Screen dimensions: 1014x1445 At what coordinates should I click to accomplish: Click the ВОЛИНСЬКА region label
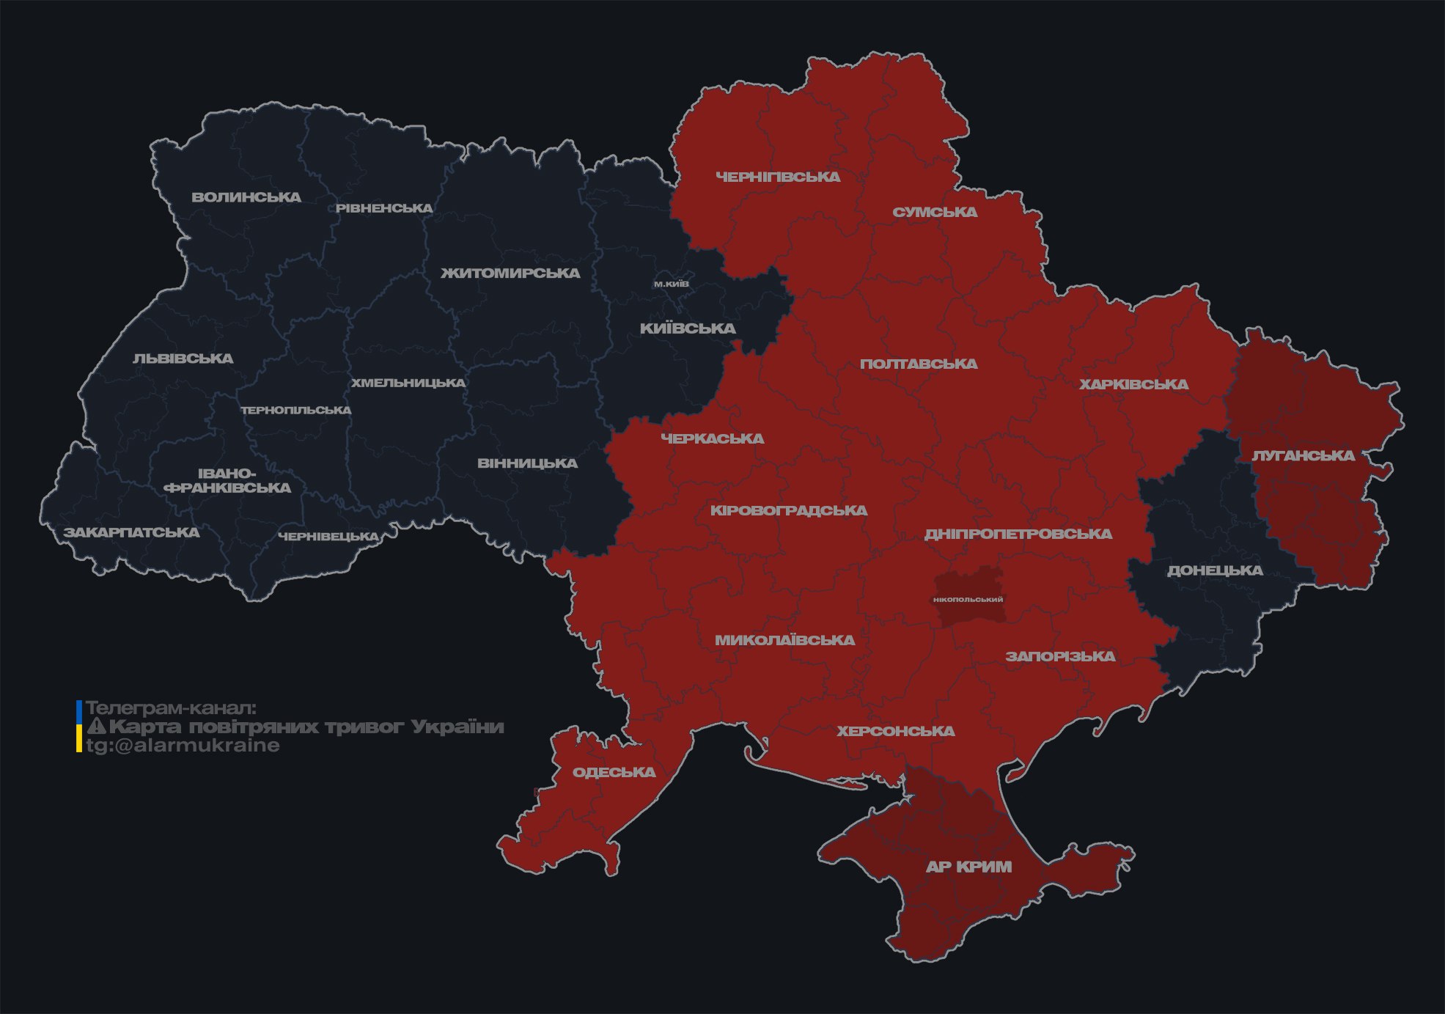pos(246,197)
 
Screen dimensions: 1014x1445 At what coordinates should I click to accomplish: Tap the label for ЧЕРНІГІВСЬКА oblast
pos(778,177)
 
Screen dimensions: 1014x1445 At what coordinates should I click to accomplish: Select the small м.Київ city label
pos(672,284)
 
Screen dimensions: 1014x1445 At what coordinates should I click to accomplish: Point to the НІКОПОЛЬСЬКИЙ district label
pos(968,599)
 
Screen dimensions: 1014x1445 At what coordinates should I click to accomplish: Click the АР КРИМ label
pos(968,867)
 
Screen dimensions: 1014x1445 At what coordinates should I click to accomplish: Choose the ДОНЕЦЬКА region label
pos(1215,570)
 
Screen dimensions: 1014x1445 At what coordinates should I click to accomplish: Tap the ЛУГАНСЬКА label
pos(1303,455)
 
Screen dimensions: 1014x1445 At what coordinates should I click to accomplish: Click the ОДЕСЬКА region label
pos(614,772)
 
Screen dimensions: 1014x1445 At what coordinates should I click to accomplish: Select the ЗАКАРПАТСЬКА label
pos(131,532)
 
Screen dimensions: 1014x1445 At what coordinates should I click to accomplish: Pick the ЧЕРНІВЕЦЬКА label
pos(328,537)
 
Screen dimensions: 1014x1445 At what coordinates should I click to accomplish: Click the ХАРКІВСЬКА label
pos(1133,384)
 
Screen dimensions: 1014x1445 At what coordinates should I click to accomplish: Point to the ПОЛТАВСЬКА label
pos(918,364)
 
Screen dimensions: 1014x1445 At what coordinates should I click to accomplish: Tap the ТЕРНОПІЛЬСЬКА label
pos(296,410)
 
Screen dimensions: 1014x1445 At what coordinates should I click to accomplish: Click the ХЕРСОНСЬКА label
pos(896,731)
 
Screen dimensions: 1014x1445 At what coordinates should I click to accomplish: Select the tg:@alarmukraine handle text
pos(183,746)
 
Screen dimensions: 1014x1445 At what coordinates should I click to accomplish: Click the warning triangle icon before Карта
pos(97,727)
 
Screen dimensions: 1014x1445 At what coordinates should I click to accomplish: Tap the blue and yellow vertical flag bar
pos(79,727)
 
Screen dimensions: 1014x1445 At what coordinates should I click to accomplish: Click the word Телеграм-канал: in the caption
pos(172,708)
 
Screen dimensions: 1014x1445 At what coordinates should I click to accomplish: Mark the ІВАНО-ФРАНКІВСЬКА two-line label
pos(227,481)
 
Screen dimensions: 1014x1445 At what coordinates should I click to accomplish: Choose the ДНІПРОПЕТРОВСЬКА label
pos(1018,534)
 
